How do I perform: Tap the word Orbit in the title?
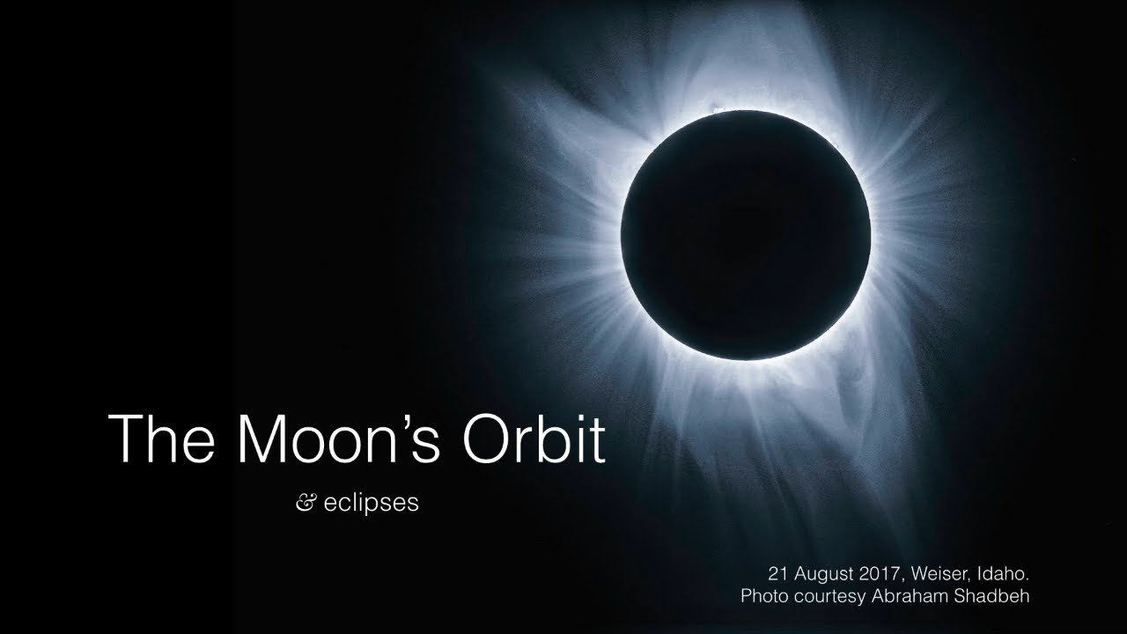(538, 438)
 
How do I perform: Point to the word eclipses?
(371, 506)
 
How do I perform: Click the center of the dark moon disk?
(746, 234)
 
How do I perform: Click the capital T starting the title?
(127, 438)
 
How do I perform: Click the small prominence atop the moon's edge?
(715, 111)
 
